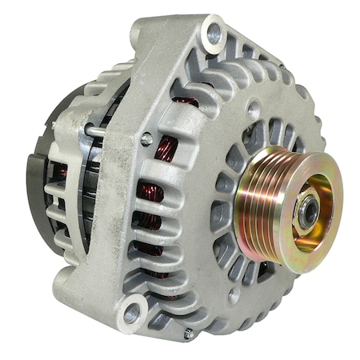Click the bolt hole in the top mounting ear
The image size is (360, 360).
click(214, 33)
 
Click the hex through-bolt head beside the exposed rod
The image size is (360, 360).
click(147, 139)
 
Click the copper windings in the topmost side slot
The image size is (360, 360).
click(186, 102)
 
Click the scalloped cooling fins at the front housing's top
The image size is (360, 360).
click(264, 64)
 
